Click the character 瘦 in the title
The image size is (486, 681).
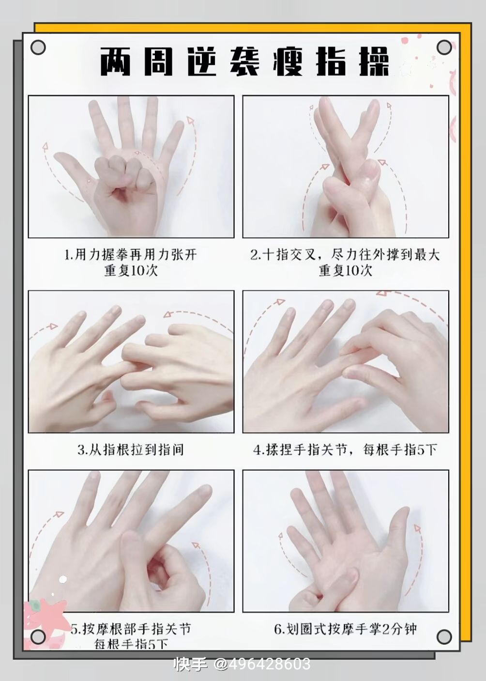288,62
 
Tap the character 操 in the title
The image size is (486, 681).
374,62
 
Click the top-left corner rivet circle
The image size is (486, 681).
38,47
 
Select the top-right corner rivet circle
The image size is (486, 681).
444,47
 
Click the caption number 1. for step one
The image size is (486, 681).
69,255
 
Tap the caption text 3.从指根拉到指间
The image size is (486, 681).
131,449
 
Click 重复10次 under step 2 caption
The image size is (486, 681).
345,271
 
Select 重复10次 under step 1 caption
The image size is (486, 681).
131,271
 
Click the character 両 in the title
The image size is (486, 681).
115,62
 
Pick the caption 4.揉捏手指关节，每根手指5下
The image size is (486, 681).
345,449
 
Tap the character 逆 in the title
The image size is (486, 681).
201,62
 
